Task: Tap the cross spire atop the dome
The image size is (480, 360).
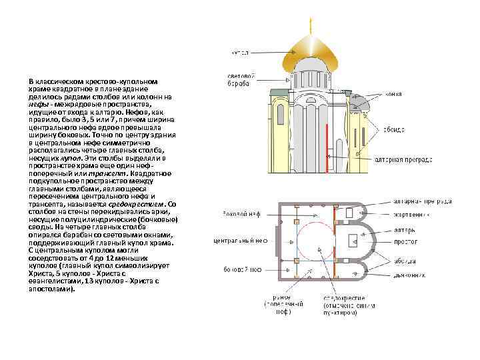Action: tap(311, 25)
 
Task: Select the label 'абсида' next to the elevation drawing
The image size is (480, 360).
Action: tap(393, 129)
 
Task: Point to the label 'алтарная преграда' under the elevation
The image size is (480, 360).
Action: tap(403, 160)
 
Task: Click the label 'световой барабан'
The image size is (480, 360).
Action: tap(240, 79)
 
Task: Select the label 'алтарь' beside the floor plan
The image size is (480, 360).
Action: tap(403, 230)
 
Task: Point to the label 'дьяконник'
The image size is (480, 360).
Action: tap(408, 273)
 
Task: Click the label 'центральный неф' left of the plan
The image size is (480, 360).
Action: tap(240, 240)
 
